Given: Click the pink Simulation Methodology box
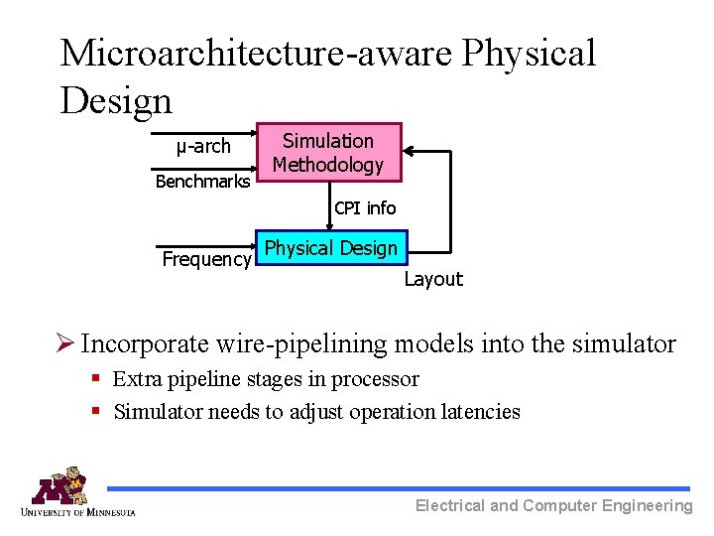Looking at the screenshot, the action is pos(328,152).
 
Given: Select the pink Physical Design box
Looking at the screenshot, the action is pos(331,248).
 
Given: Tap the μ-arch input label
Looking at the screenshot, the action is pos(203,147).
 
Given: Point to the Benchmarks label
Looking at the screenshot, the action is pos(203,182).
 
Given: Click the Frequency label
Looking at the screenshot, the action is pos(206,259).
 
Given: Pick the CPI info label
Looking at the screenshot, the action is pos(365,208).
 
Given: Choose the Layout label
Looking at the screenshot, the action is pos(433,279).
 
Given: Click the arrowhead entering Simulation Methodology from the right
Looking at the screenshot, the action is pos(410,152).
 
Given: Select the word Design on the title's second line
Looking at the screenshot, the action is pos(115,99).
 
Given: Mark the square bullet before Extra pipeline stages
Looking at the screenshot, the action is pos(96,379).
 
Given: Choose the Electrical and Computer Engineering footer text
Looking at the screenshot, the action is pos(553,506).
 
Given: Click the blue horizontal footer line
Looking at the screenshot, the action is pos(397,488).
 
